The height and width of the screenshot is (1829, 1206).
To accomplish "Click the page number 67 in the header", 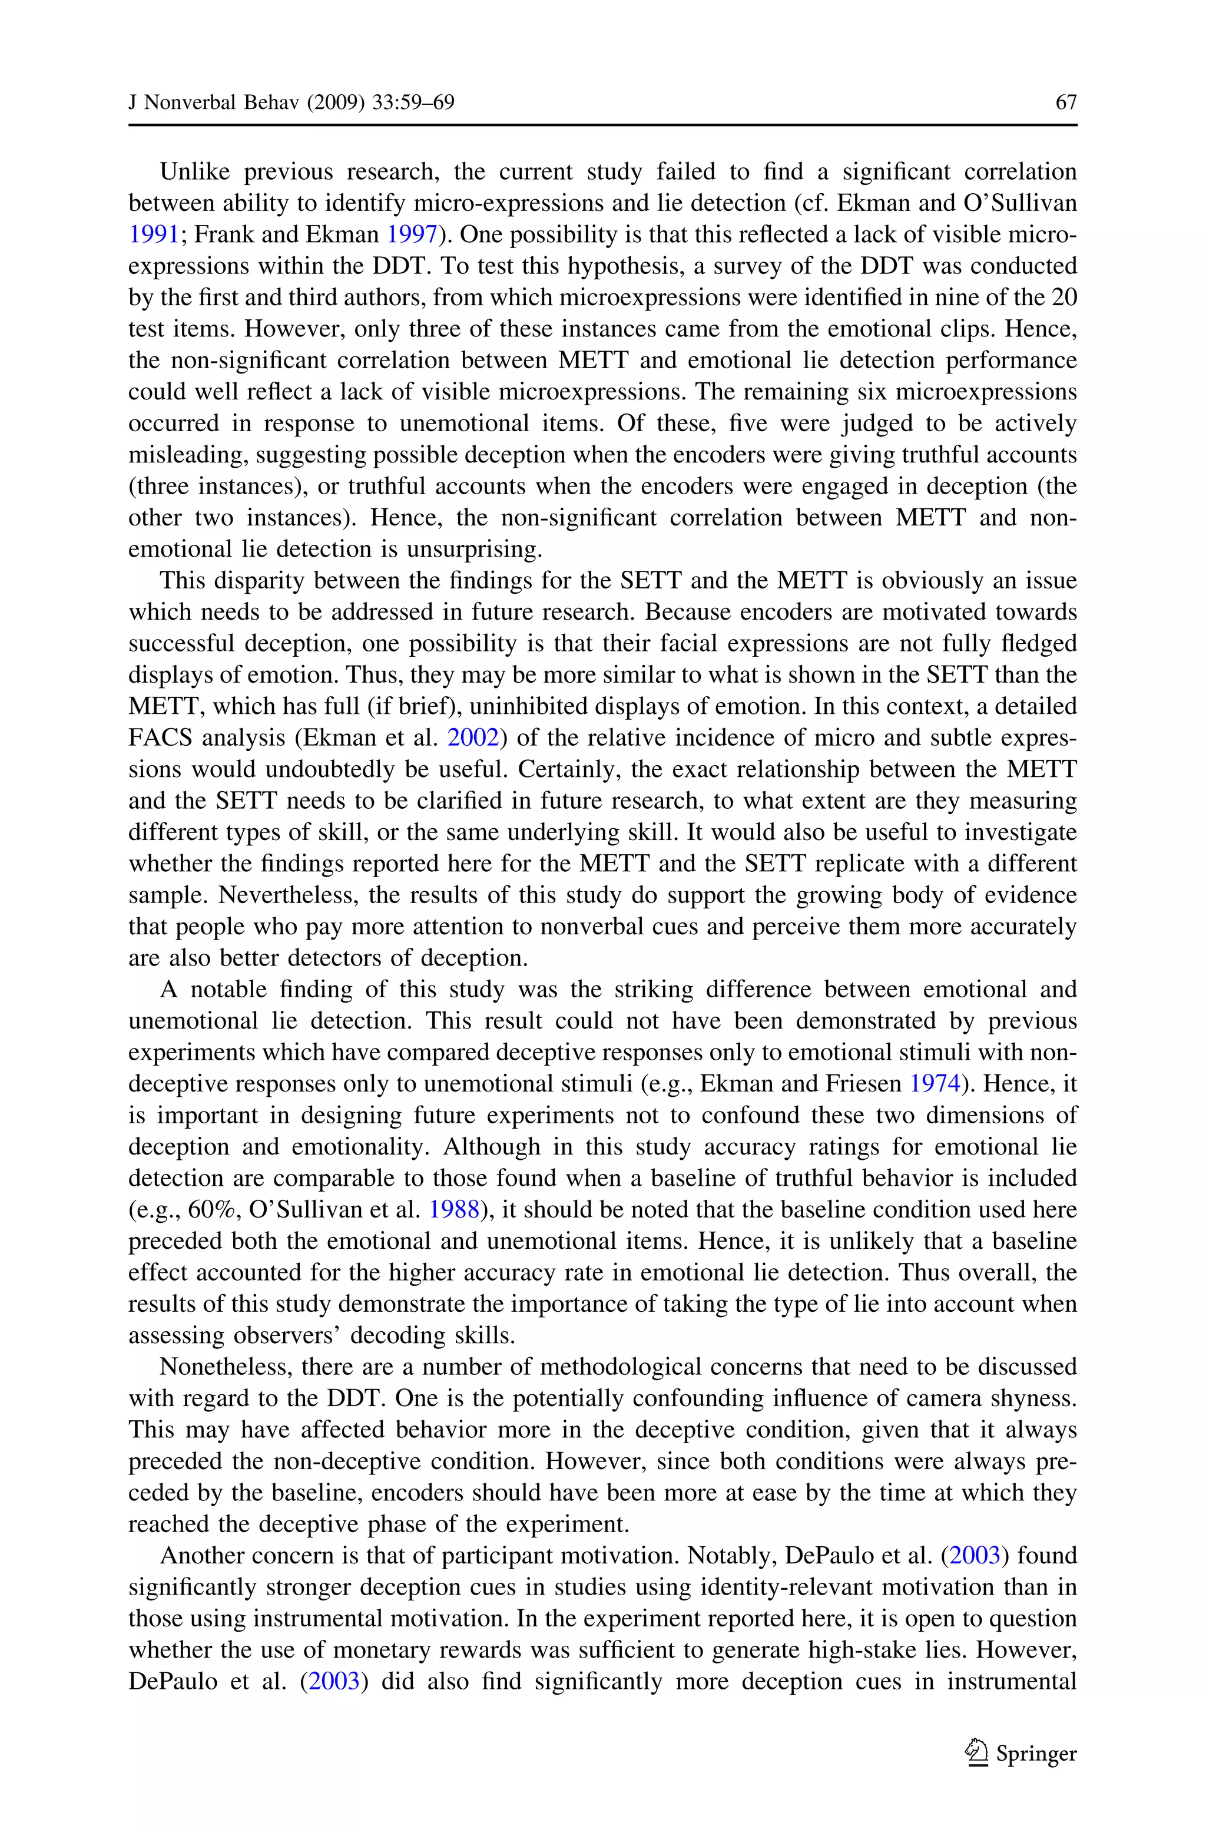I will pyautogui.click(x=1066, y=102).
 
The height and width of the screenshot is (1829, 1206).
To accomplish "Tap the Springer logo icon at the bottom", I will pyautogui.click(x=977, y=1753).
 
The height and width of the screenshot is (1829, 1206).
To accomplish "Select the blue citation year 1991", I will pyautogui.click(x=153, y=234).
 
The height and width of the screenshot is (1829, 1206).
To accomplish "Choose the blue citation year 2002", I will pyautogui.click(x=473, y=737).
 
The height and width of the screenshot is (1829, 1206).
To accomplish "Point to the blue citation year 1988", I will pyautogui.click(x=454, y=1210).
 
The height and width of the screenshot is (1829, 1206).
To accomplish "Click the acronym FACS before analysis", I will pyautogui.click(x=158, y=737).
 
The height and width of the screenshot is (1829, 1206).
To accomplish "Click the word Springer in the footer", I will pyautogui.click(x=1036, y=1754).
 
